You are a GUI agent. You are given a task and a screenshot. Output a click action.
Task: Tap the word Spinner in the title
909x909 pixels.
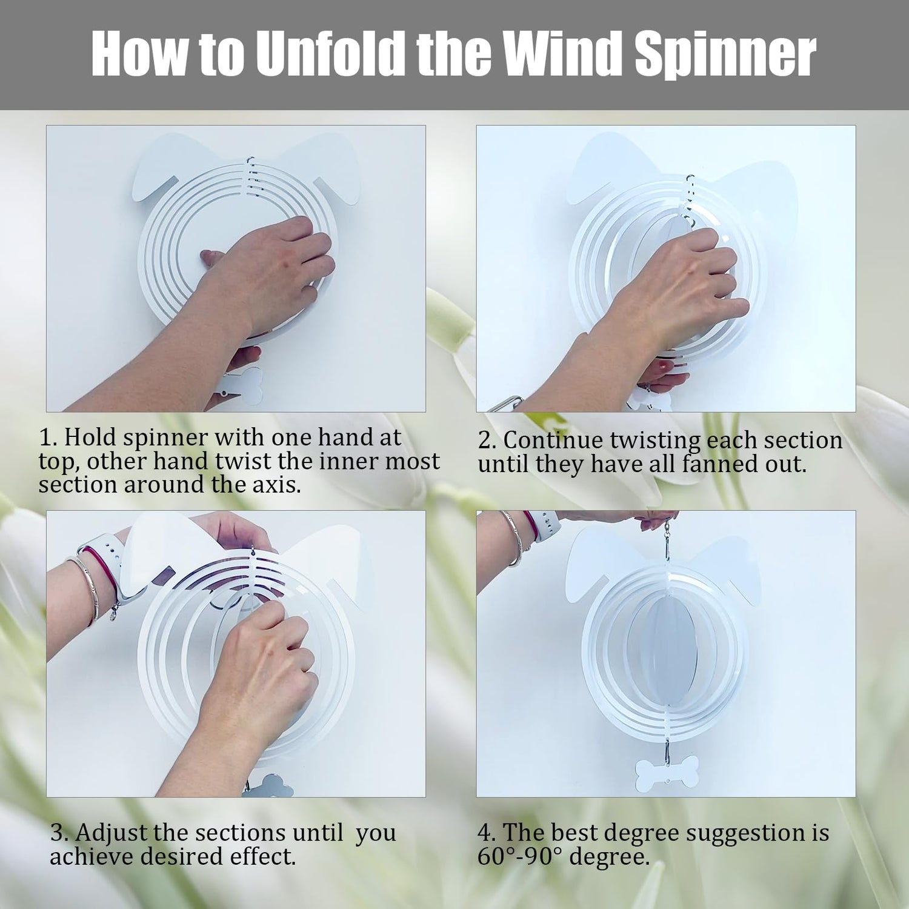point(725,56)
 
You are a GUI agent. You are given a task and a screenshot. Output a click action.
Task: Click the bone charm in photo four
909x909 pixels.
point(667,774)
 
